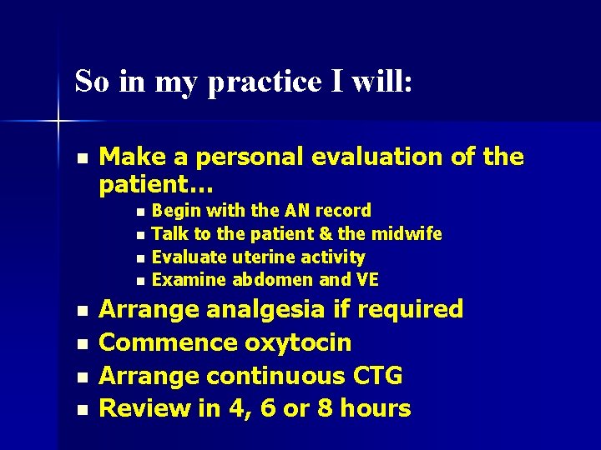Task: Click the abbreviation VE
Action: point(366,279)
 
